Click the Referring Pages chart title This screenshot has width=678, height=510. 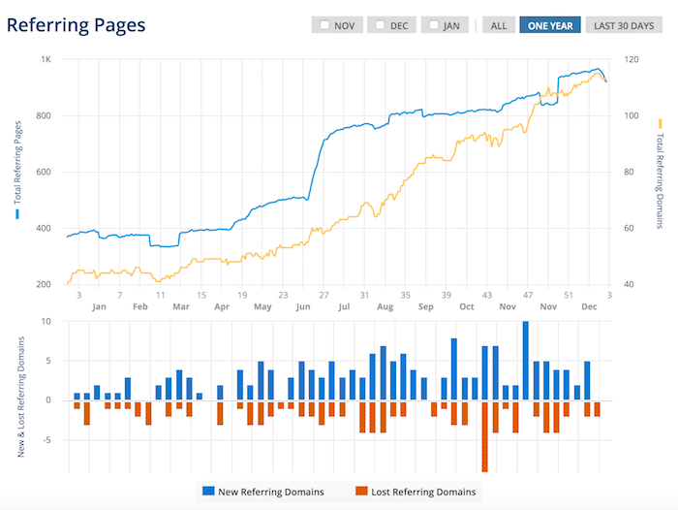[77, 24]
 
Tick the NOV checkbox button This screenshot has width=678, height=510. [338, 25]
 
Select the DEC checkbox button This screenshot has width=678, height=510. [393, 25]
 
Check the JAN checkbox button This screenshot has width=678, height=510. [446, 25]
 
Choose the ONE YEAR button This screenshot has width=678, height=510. [550, 25]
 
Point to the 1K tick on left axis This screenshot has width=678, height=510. [46, 60]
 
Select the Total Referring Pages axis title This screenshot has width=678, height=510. [16, 172]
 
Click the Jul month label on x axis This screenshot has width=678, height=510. [344, 307]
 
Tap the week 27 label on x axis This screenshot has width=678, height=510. [324, 294]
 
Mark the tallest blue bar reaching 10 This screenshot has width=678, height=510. [525, 360]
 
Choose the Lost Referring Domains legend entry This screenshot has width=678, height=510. [416, 492]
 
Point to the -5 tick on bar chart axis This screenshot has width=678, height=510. [46, 440]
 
